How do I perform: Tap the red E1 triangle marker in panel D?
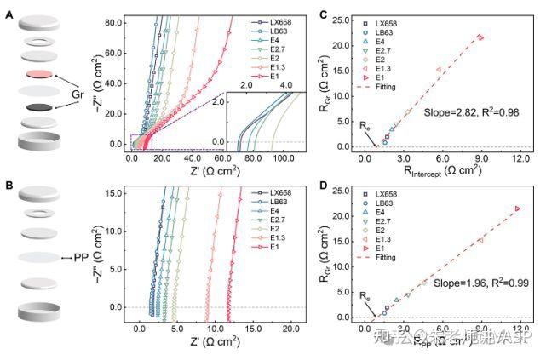[518, 209]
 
